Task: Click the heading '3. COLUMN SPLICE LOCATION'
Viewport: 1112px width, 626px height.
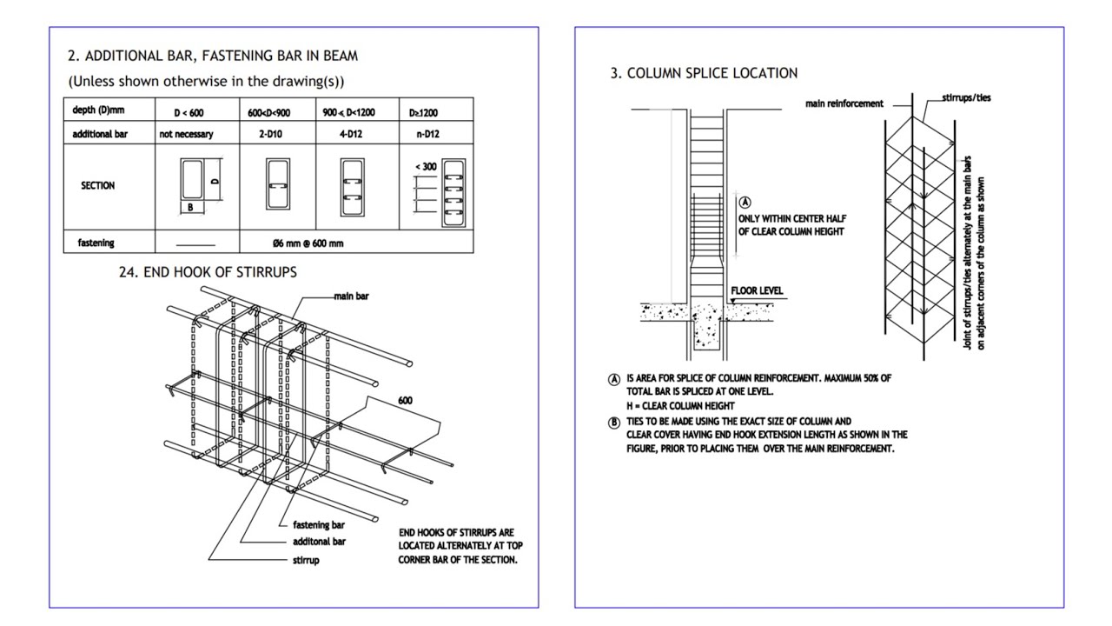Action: tap(704, 74)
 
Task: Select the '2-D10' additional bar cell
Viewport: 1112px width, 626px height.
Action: tap(276, 135)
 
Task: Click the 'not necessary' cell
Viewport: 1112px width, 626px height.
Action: tap(186, 135)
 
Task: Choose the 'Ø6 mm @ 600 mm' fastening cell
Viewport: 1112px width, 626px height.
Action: tap(308, 243)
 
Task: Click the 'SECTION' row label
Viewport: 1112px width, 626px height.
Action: tap(97, 185)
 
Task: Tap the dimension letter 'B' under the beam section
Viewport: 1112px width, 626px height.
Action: tap(190, 208)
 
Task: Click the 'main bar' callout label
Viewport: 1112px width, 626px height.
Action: tap(351, 296)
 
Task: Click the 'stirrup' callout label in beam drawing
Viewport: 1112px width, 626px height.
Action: tap(306, 560)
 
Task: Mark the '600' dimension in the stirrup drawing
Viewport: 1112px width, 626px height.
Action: tap(405, 401)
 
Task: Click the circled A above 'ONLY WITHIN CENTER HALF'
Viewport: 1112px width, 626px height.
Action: tap(745, 203)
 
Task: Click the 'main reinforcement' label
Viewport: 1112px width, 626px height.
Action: tap(844, 103)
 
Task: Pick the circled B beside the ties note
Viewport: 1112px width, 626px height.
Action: tap(614, 423)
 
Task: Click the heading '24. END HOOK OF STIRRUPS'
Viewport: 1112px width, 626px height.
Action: tap(208, 272)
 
